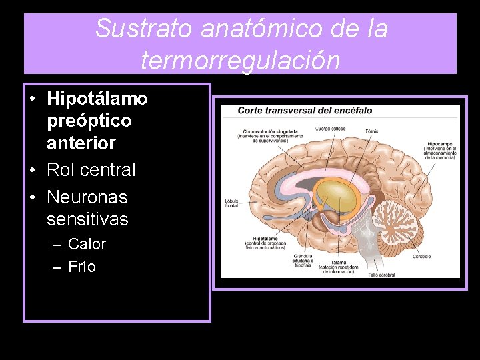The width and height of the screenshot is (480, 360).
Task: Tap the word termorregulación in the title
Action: coord(240,60)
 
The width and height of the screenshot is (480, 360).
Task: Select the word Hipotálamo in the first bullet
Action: coord(97,99)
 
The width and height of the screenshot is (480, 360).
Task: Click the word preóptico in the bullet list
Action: coord(89,121)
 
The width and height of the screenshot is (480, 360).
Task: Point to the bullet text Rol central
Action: coord(91,170)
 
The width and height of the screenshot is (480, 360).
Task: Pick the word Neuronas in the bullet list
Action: coord(87,197)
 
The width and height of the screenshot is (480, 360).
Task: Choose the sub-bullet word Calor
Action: coord(87,244)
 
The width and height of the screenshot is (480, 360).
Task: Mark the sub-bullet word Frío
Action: coord(82,267)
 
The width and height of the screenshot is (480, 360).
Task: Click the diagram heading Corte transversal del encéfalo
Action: coord(297,111)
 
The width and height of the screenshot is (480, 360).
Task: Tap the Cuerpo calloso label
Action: coord(331,128)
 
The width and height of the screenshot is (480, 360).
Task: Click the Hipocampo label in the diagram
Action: coord(441,143)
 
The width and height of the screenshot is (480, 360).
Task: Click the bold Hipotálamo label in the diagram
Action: coord(265,238)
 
